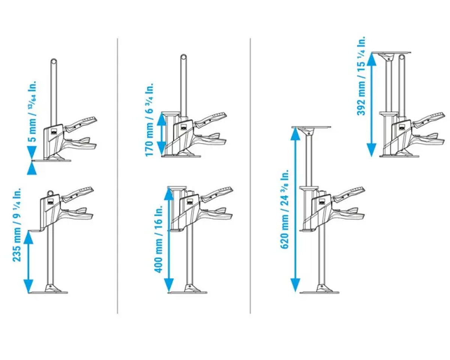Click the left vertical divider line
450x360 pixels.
117,176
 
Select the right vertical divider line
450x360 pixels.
250,176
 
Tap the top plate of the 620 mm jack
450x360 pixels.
312,127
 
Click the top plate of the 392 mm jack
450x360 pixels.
391,52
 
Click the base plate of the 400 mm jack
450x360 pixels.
187,292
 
